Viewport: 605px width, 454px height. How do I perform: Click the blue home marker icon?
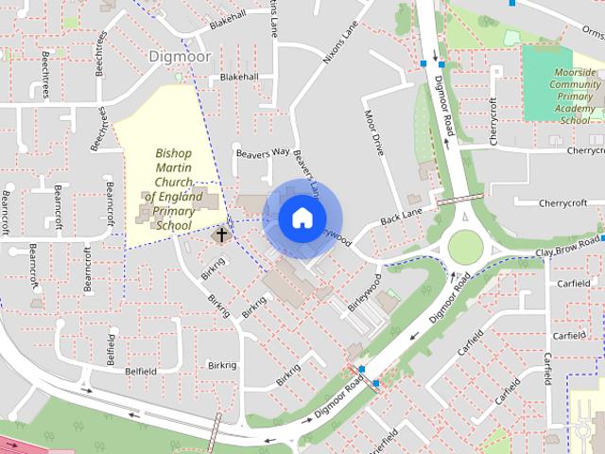301,218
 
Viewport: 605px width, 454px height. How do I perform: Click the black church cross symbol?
222,233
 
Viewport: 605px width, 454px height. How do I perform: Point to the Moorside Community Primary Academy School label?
575,96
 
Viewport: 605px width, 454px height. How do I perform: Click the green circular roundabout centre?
465,247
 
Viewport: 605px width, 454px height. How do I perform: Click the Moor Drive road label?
375,133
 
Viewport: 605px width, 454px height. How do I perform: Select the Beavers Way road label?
263,152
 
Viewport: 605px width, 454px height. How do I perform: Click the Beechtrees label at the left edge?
46,77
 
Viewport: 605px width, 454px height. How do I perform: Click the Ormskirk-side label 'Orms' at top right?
592,30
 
